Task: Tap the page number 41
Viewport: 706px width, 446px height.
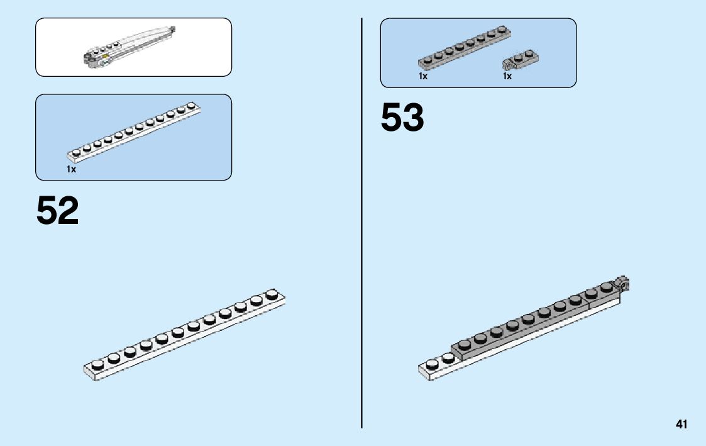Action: [x=681, y=425]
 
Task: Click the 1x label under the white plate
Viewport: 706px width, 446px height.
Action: [x=71, y=169]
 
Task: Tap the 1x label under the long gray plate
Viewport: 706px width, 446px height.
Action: [x=423, y=76]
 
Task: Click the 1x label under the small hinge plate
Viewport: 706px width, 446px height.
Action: [x=507, y=76]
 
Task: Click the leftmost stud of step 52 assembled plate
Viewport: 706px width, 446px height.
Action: [x=97, y=364]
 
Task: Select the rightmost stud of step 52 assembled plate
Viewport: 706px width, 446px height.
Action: [x=272, y=293]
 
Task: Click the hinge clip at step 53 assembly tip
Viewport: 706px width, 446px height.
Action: [x=622, y=283]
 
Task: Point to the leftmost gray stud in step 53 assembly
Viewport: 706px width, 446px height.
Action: [x=465, y=344]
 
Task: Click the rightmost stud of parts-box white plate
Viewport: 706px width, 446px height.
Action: [x=190, y=106]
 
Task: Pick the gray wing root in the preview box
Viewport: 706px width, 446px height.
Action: [x=92, y=59]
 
